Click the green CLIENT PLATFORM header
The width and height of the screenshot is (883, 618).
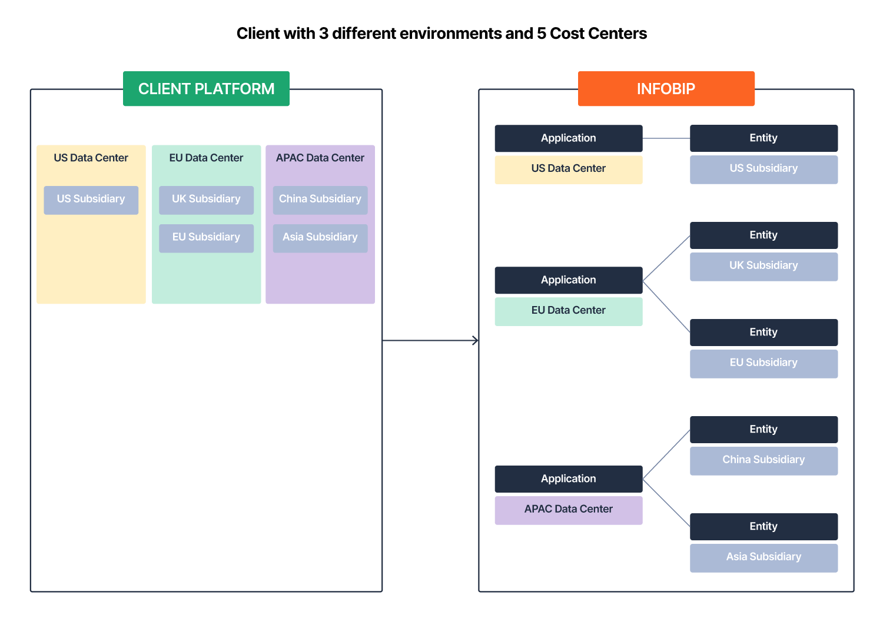point(206,89)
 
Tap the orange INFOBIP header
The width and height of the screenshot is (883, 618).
point(666,89)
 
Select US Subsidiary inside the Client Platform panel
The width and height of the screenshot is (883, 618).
point(91,200)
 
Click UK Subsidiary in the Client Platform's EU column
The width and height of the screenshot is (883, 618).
point(206,200)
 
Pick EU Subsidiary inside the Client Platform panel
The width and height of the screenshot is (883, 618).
point(206,238)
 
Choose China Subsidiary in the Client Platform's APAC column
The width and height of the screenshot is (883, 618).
point(320,200)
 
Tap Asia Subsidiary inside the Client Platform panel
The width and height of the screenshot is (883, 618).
point(320,238)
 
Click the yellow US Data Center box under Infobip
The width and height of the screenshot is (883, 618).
point(568,169)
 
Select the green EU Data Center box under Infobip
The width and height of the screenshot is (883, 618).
point(568,311)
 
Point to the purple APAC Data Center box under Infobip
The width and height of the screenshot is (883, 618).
point(568,510)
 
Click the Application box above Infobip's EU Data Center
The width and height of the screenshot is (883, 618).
point(568,280)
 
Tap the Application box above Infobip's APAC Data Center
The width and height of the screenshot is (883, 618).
point(568,479)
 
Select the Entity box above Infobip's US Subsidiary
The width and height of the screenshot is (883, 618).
point(764,138)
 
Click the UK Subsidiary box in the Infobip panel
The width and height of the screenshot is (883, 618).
point(764,266)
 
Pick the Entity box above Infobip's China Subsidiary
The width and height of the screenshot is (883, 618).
point(764,430)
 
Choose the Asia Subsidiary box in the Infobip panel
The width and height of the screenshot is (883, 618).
point(764,557)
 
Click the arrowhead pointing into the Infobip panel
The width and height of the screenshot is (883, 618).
point(475,340)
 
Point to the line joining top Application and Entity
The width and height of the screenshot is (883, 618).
point(666,138)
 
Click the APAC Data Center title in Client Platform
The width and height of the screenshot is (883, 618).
point(320,158)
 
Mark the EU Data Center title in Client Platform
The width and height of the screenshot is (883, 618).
point(206,158)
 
